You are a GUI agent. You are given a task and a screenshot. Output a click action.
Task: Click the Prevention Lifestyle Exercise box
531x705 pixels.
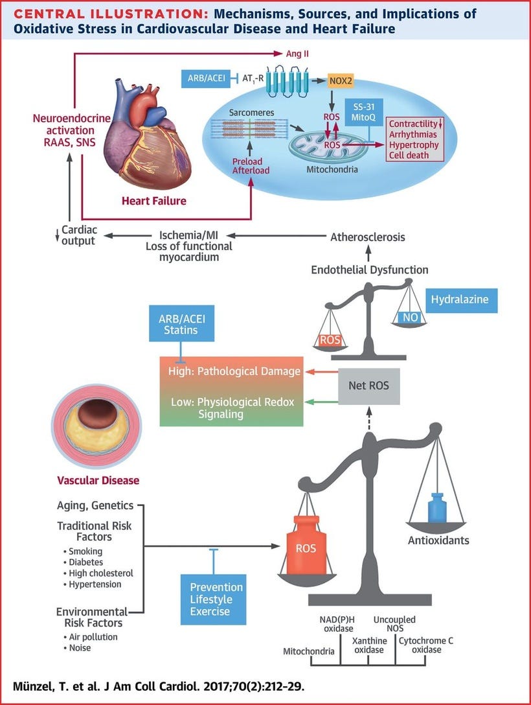[x=216, y=599]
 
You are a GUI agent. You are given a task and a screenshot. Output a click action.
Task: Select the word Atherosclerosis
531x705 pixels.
[x=368, y=237]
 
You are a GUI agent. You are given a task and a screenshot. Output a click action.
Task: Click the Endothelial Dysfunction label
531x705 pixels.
[x=369, y=269]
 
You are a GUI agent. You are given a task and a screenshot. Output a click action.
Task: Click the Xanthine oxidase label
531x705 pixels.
[x=369, y=646]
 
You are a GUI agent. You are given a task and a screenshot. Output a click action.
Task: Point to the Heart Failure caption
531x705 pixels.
[x=153, y=201]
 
